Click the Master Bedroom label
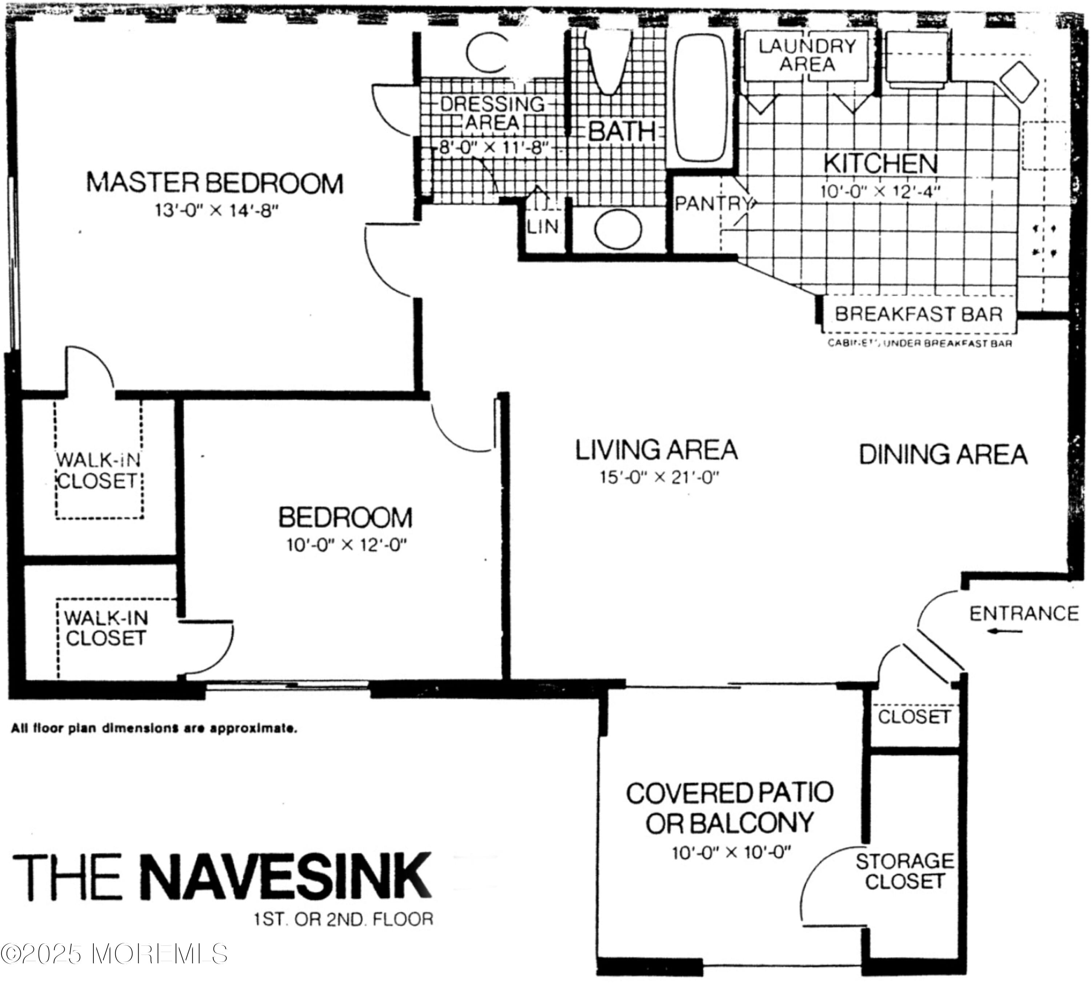coord(215,183)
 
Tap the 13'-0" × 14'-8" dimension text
coord(216,210)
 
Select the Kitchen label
coord(880,163)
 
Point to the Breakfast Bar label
coord(918,314)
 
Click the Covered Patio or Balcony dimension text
coord(731,853)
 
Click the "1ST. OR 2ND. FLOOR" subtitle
coord(344,919)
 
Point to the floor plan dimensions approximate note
coord(154,728)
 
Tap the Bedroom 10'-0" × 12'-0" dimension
coord(346,545)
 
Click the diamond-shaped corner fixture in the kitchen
coord(1019,82)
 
